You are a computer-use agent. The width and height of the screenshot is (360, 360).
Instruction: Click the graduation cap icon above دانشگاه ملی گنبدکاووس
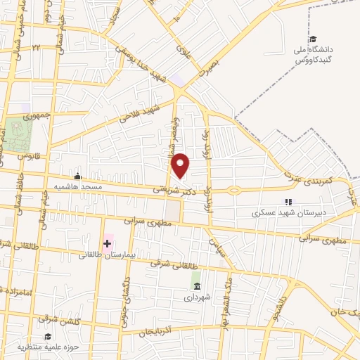pyautogui.click(x=313, y=39)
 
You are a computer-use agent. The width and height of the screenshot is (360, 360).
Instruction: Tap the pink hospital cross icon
pyautogui.click(x=107, y=243)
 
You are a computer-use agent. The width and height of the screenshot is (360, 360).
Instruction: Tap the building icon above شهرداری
pyautogui.click(x=196, y=288)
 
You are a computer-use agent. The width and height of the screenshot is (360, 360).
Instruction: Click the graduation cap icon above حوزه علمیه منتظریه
pyautogui.click(x=48, y=337)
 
